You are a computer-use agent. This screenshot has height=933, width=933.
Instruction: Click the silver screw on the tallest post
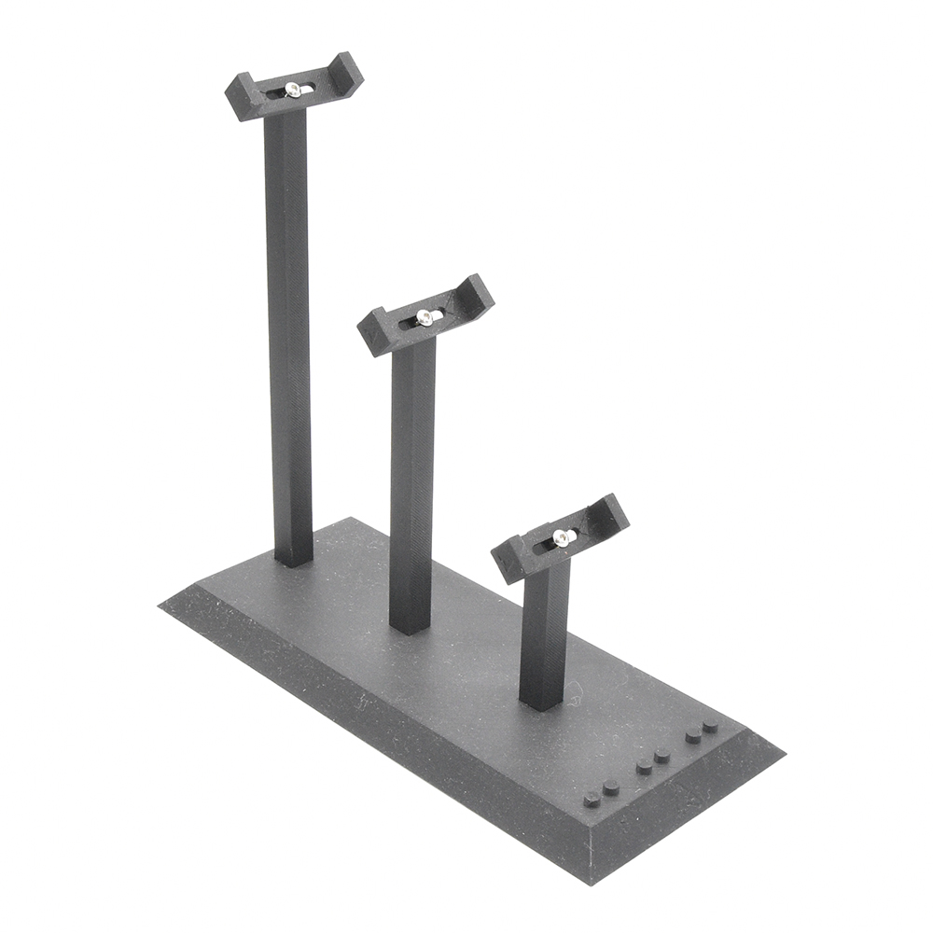tap(293, 90)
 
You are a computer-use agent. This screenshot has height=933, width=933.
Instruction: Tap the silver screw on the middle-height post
tap(425, 317)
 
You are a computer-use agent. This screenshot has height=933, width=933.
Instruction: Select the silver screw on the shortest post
tap(561, 537)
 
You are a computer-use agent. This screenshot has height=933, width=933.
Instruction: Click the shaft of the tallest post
tap(289, 327)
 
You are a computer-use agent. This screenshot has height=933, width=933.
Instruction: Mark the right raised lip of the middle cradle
tap(479, 291)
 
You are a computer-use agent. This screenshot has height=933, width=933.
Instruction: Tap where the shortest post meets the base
tap(541, 702)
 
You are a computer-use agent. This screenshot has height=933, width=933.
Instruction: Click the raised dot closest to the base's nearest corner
tap(592, 799)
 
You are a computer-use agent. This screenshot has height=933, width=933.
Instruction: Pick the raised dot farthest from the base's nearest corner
tap(711, 725)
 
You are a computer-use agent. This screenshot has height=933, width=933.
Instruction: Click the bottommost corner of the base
tap(588, 883)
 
